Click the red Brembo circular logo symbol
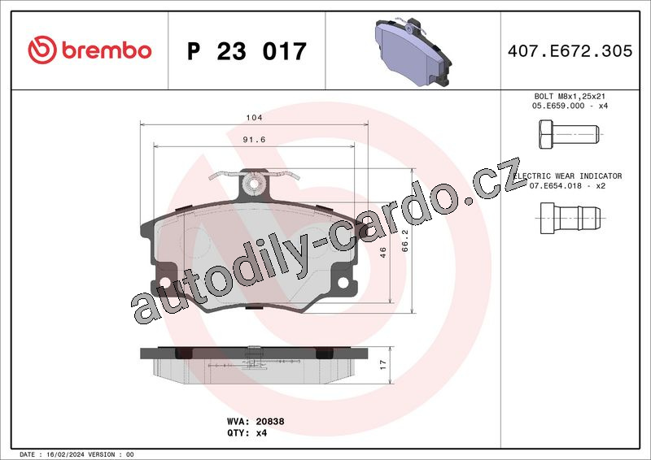(42, 50)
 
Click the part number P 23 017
(247, 51)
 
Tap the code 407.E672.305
(570, 51)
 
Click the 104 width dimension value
(254, 117)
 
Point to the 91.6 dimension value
(254, 139)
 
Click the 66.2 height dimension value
(405, 241)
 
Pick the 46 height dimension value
(382, 252)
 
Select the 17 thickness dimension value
(382, 365)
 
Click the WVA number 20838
(270, 422)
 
